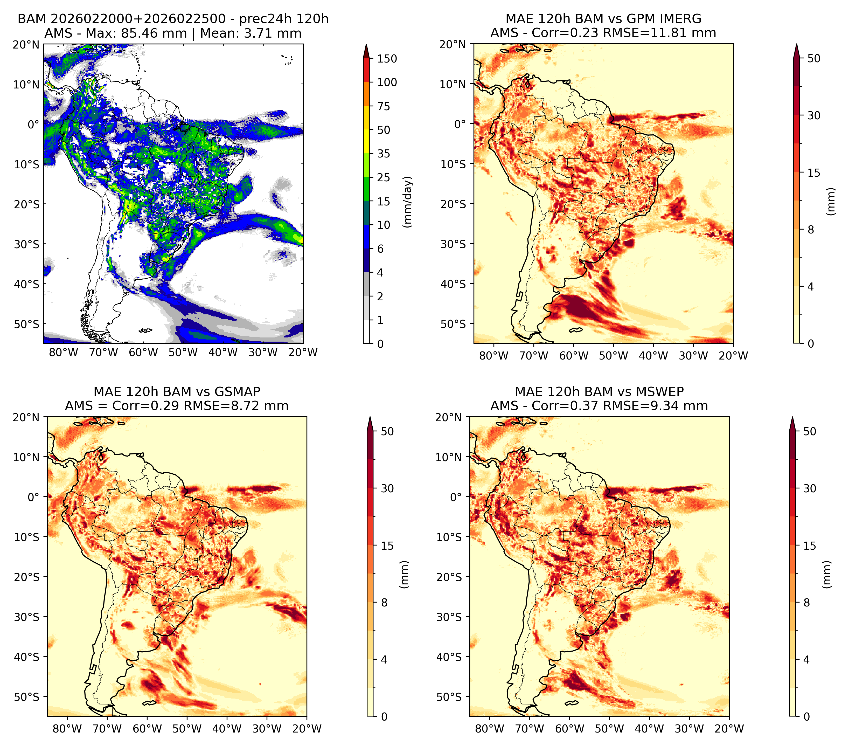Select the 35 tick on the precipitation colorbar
(384, 154)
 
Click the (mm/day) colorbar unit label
(408, 202)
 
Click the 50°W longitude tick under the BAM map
(183, 352)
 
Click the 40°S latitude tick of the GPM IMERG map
(453, 284)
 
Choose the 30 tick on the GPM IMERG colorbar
(814, 115)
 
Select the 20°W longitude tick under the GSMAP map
(307, 729)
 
